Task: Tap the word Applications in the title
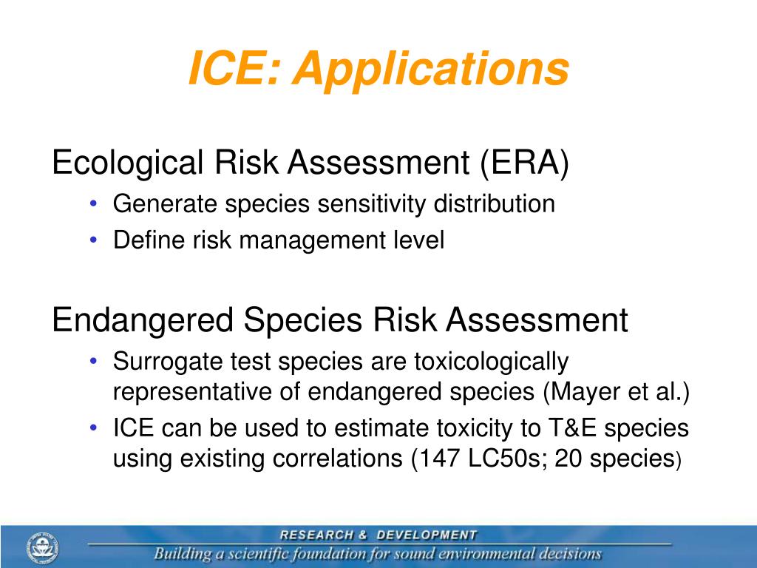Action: [x=431, y=69]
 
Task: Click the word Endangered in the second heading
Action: [x=143, y=320]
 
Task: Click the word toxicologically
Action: [x=491, y=362]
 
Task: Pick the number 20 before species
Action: [x=568, y=459]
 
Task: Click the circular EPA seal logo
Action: [x=42, y=548]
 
